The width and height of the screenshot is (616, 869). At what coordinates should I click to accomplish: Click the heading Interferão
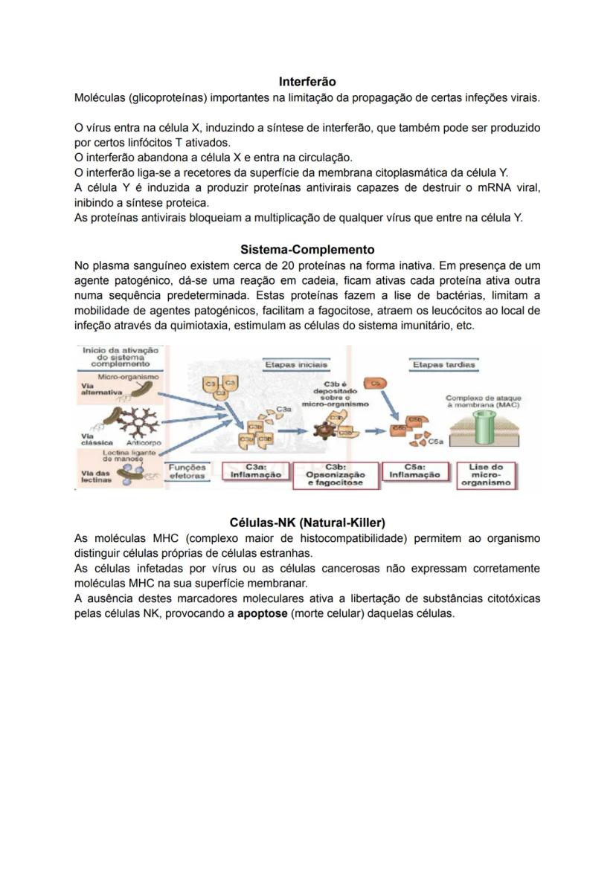(x=307, y=81)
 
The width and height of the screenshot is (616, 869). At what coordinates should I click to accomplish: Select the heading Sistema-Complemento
(x=307, y=250)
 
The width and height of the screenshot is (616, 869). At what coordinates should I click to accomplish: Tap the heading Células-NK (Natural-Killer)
(x=307, y=522)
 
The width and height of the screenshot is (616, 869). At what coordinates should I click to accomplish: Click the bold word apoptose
(x=262, y=614)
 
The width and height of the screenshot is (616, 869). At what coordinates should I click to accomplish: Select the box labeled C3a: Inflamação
(x=255, y=471)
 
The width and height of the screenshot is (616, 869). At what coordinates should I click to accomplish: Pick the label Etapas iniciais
(x=295, y=364)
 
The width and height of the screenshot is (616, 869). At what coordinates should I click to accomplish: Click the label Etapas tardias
(x=445, y=364)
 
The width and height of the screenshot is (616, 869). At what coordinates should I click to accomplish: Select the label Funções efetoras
(x=187, y=471)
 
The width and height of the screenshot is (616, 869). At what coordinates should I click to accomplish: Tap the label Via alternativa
(x=98, y=390)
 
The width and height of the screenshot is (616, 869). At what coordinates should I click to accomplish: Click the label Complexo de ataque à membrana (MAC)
(x=483, y=401)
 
